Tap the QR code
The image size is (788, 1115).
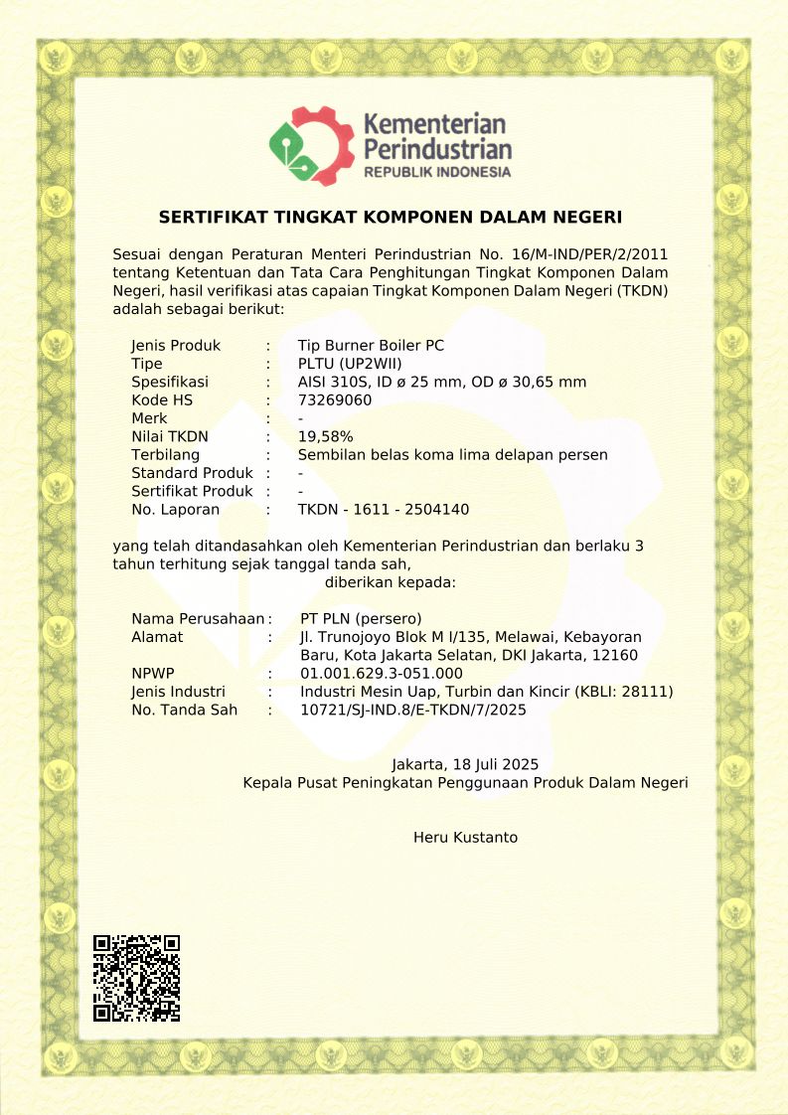136,978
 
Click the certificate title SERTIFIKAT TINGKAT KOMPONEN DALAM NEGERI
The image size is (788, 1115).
391,217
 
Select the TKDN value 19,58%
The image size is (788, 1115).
325,436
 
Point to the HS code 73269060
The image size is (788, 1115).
335,400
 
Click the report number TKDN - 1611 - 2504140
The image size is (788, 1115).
384,510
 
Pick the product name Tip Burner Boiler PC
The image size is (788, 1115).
371,346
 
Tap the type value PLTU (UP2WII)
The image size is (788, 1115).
350,364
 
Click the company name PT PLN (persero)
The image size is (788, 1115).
362,618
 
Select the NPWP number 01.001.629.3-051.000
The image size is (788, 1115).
382,674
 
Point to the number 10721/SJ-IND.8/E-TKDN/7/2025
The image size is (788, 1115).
413,710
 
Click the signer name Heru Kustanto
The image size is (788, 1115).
465,838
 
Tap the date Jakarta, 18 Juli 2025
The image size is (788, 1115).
465,764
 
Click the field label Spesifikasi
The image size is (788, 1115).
170,383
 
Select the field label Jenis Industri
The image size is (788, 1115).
178,692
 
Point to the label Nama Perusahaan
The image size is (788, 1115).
198,618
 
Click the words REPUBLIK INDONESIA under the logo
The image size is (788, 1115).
437,172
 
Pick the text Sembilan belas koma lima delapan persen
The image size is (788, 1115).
452,455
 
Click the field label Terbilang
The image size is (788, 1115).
164,455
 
